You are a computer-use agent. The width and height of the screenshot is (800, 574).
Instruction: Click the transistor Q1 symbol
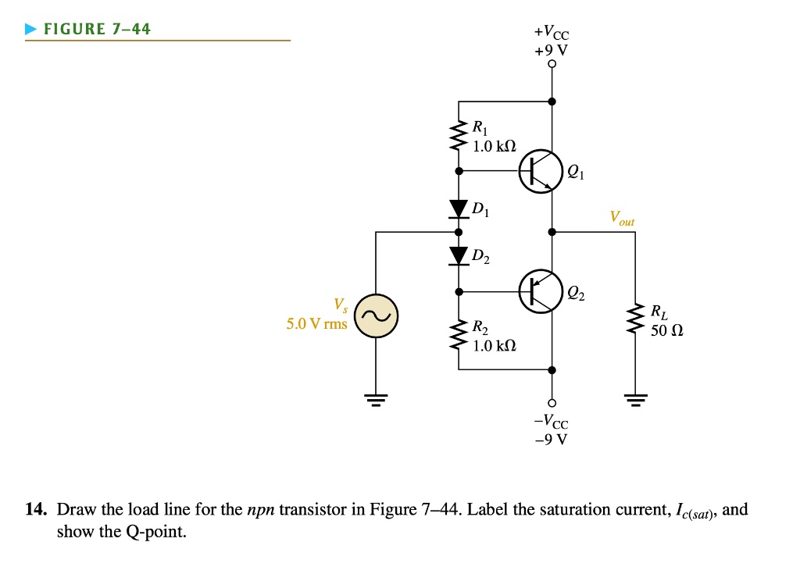541,169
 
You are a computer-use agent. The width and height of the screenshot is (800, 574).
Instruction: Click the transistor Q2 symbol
541,291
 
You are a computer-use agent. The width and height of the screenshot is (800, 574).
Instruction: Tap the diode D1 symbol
459,209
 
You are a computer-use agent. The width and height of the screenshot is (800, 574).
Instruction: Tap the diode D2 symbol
459,255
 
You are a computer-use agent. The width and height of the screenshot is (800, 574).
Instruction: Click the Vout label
622,218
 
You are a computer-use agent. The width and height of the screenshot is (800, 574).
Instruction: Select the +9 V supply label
552,50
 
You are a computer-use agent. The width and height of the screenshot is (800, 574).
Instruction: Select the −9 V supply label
552,438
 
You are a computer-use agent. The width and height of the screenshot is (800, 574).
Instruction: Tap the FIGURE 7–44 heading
97,30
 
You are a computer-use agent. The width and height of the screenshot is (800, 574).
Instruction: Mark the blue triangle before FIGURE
30,30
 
